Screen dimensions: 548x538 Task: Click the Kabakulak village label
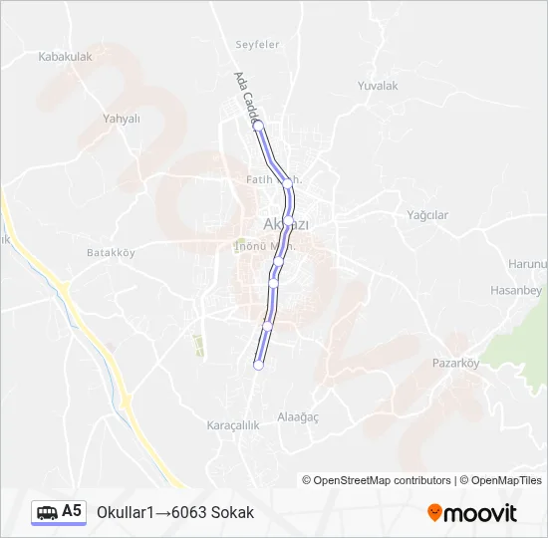pyautogui.click(x=65, y=57)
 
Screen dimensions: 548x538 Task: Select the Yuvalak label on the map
pyautogui.click(x=378, y=86)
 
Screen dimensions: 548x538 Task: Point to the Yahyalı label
pyautogui.click(x=122, y=118)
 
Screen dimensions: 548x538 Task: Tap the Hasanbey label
pyautogui.click(x=515, y=290)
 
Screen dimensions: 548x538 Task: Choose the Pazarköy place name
pyautogui.click(x=455, y=363)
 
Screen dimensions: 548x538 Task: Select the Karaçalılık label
pyautogui.click(x=232, y=425)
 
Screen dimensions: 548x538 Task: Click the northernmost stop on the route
pyautogui.click(x=258, y=128)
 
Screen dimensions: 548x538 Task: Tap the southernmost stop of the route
pyautogui.click(x=258, y=366)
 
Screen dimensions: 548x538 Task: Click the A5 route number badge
pyautogui.click(x=72, y=511)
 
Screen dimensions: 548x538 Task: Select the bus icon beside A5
pyautogui.click(x=47, y=512)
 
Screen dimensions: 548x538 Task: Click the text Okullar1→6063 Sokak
pyautogui.click(x=175, y=512)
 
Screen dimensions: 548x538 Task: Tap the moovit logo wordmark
pyautogui.click(x=481, y=513)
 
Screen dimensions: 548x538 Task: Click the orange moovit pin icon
pyautogui.click(x=434, y=512)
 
